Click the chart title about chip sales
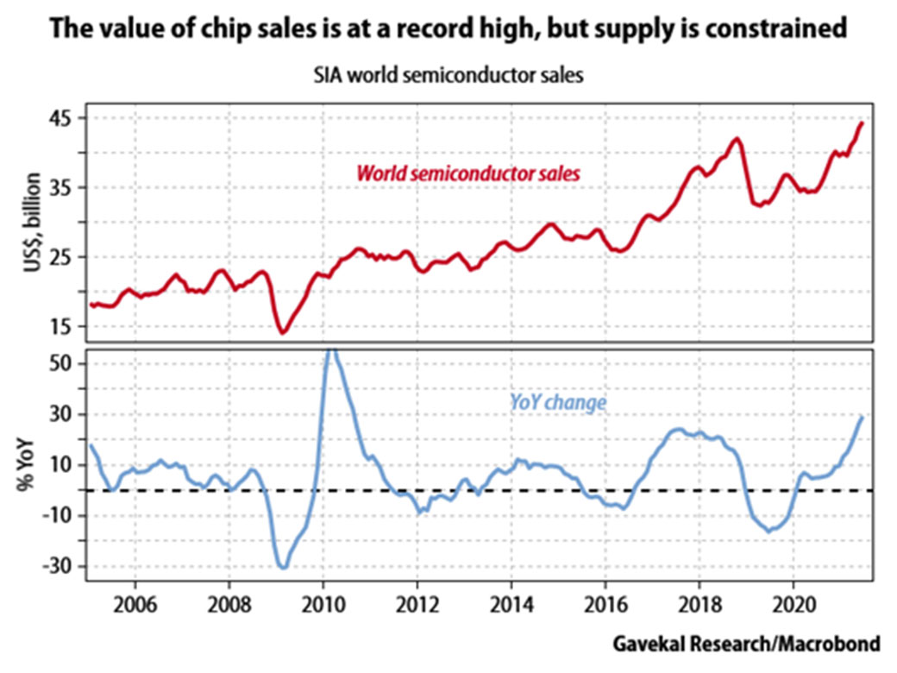pyautogui.click(x=448, y=29)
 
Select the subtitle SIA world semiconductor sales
pyautogui.click(x=448, y=75)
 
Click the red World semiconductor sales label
pyautogui.click(x=467, y=173)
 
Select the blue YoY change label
pyautogui.click(x=557, y=402)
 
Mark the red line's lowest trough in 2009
pyautogui.click(x=282, y=331)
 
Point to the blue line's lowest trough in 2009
pyautogui.click(x=282, y=567)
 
